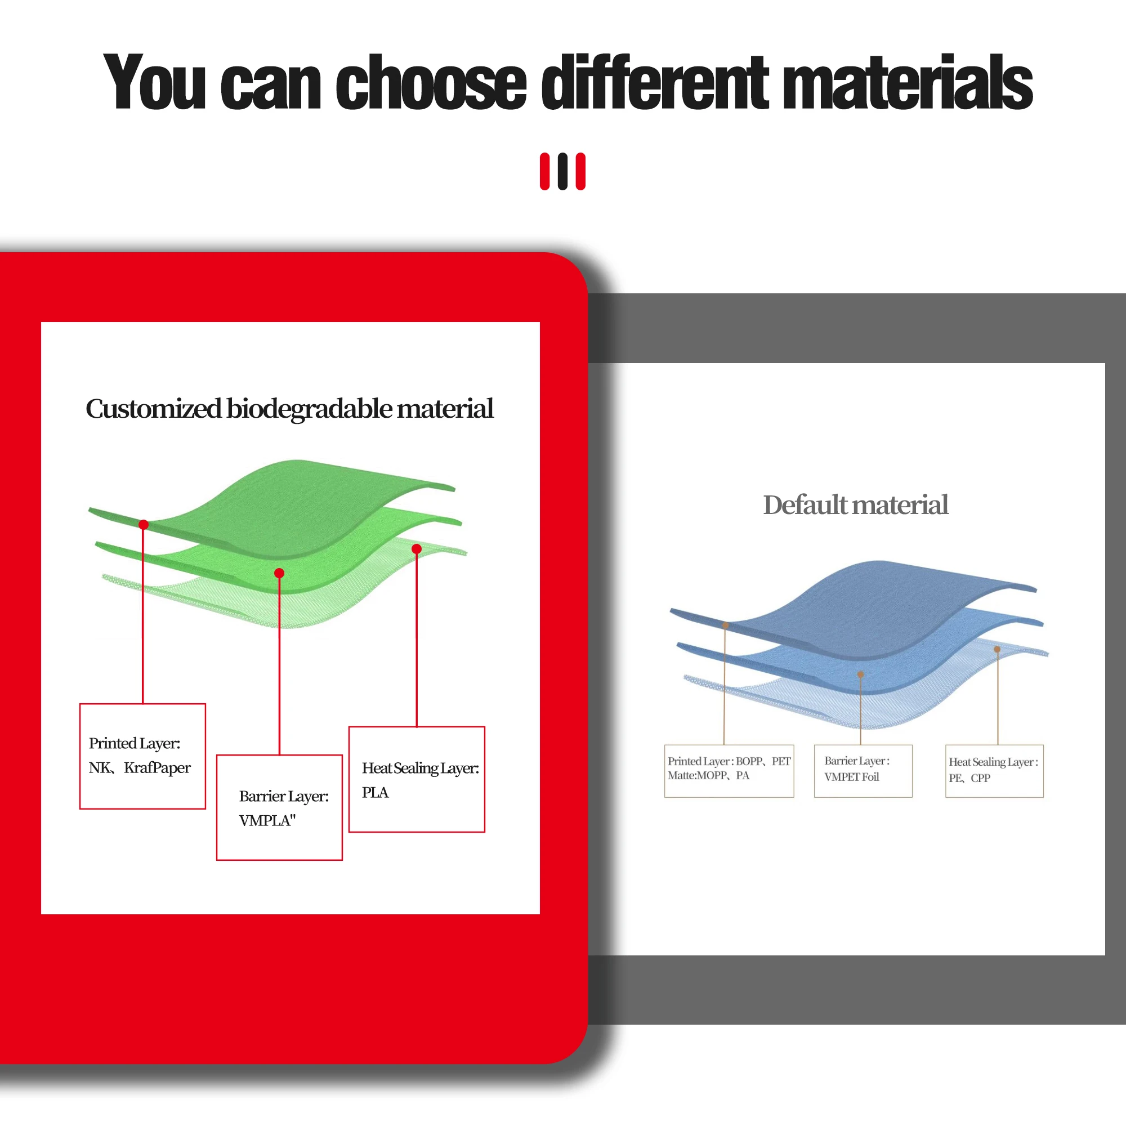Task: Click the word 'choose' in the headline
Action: click(431, 82)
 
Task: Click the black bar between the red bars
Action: click(562, 171)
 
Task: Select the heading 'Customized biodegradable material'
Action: click(289, 409)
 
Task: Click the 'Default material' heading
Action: click(856, 504)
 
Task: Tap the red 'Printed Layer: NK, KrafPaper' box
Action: click(143, 756)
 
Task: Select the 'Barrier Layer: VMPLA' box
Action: click(279, 807)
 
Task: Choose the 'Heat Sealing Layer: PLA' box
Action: click(417, 779)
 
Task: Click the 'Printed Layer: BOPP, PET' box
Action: click(729, 771)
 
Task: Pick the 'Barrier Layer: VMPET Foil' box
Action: click(863, 771)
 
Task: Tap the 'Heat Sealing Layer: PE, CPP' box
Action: click(994, 771)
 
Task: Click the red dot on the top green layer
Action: click(144, 525)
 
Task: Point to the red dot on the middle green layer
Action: click(279, 573)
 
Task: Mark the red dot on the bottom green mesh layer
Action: click(417, 548)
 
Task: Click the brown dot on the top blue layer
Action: click(726, 625)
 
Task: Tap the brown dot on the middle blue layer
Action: click(861, 674)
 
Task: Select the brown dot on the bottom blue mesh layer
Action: click(997, 649)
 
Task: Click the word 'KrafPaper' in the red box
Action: click(158, 767)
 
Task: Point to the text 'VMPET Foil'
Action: click(851, 777)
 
